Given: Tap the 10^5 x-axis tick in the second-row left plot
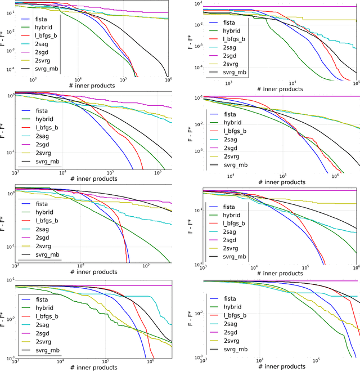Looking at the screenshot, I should point(110,173).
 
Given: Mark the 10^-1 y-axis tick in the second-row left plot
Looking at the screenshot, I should point(9,153).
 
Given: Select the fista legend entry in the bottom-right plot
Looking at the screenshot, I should point(229,298).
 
